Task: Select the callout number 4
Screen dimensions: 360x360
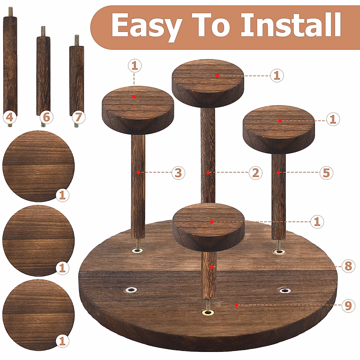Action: point(10,117)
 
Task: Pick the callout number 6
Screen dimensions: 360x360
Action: point(46,117)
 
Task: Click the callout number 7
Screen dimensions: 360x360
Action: point(78,117)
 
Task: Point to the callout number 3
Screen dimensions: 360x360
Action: point(178,173)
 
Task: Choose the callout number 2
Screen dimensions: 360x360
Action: point(255,173)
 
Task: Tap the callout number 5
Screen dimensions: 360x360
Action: point(326,173)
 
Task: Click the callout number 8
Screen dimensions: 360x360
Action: point(348,266)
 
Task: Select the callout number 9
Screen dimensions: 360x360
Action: point(348,306)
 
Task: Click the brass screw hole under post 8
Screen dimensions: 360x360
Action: point(208,313)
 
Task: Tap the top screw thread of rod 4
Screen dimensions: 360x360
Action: point(10,12)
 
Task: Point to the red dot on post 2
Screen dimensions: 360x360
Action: point(208,172)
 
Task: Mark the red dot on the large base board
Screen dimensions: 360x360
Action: point(237,305)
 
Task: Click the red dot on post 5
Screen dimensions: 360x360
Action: point(278,172)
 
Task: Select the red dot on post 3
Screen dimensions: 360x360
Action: point(138,172)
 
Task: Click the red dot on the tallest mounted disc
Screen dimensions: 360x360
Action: point(217,76)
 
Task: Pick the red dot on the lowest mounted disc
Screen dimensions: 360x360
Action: point(212,222)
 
